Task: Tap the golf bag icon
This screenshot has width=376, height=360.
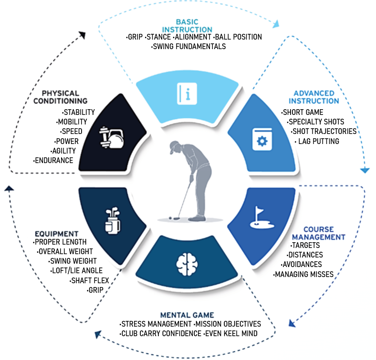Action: tap(112, 220)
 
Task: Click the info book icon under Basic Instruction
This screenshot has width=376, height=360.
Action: tap(187, 91)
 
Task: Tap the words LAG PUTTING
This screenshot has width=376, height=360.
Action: tap(319, 141)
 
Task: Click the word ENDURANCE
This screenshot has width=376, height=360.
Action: tap(54, 160)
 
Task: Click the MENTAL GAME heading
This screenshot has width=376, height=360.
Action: tap(187, 315)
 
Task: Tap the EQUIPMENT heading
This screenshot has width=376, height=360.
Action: tap(56, 234)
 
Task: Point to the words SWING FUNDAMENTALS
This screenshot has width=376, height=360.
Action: tap(189, 46)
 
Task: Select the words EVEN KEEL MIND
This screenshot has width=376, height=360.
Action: tap(231, 333)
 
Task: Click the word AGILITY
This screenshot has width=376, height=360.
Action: tap(66, 151)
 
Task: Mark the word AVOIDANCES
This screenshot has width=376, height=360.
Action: tap(302, 264)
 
